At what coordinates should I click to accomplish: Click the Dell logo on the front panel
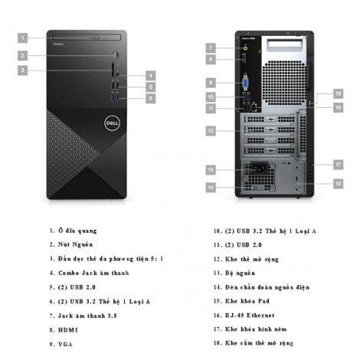112,123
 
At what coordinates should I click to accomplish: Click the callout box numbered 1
22,38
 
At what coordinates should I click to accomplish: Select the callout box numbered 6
151,98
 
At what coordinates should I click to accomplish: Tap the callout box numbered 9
211,83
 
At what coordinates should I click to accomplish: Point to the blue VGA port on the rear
245,83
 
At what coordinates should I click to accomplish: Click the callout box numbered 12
211,131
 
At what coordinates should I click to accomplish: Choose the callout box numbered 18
339,184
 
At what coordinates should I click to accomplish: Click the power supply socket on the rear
259,169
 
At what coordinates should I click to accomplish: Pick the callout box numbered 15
339,93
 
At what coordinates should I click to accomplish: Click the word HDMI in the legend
68,330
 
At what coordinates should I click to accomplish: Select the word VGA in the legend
65,344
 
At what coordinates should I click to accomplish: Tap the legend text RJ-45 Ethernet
250,316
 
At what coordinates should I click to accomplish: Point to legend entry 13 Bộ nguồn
234,273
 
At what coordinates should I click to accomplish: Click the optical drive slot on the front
87,38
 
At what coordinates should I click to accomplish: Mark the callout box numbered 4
151,76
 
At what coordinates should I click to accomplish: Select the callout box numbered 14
211,188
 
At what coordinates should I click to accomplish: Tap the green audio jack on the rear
245,47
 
